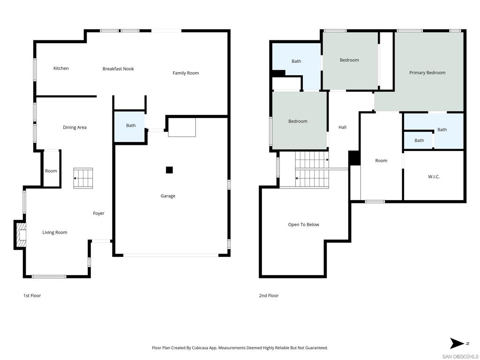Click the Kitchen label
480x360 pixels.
click(61, 68)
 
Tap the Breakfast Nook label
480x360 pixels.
click(118, 69)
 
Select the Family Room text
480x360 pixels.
click(186, 73)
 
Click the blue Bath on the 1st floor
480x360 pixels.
click(130, 126)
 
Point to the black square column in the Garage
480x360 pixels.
click(169, 170)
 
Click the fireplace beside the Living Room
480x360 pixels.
click(20, 234)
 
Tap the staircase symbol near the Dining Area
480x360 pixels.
click(83, 179)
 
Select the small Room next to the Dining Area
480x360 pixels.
click(51, 171)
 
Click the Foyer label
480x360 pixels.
click(98, 214)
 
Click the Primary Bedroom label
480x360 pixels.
click(427, 73)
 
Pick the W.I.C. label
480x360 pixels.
click(434, 177)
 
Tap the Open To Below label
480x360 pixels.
click(303, 225)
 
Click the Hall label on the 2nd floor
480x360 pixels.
click(342, 127)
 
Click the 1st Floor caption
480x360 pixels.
click(32, 296)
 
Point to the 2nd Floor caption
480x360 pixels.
click(269, 296)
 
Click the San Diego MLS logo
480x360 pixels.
click(460, 356)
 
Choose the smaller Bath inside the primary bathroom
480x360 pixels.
click(419, 141)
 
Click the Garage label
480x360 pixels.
click(168, 196)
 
